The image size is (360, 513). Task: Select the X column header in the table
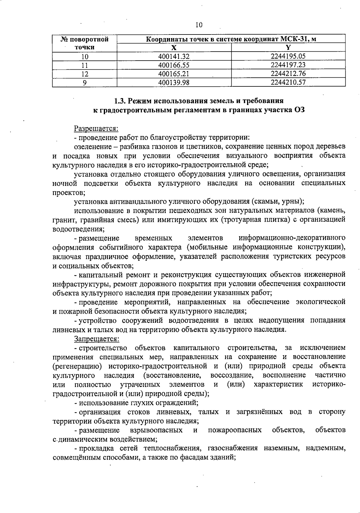coord(174,47)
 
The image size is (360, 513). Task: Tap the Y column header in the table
coord(288,47)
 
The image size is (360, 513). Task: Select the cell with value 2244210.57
coord(288,82)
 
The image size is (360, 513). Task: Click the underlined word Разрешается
coord(96,128)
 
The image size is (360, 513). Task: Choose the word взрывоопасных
coord(156,430)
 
